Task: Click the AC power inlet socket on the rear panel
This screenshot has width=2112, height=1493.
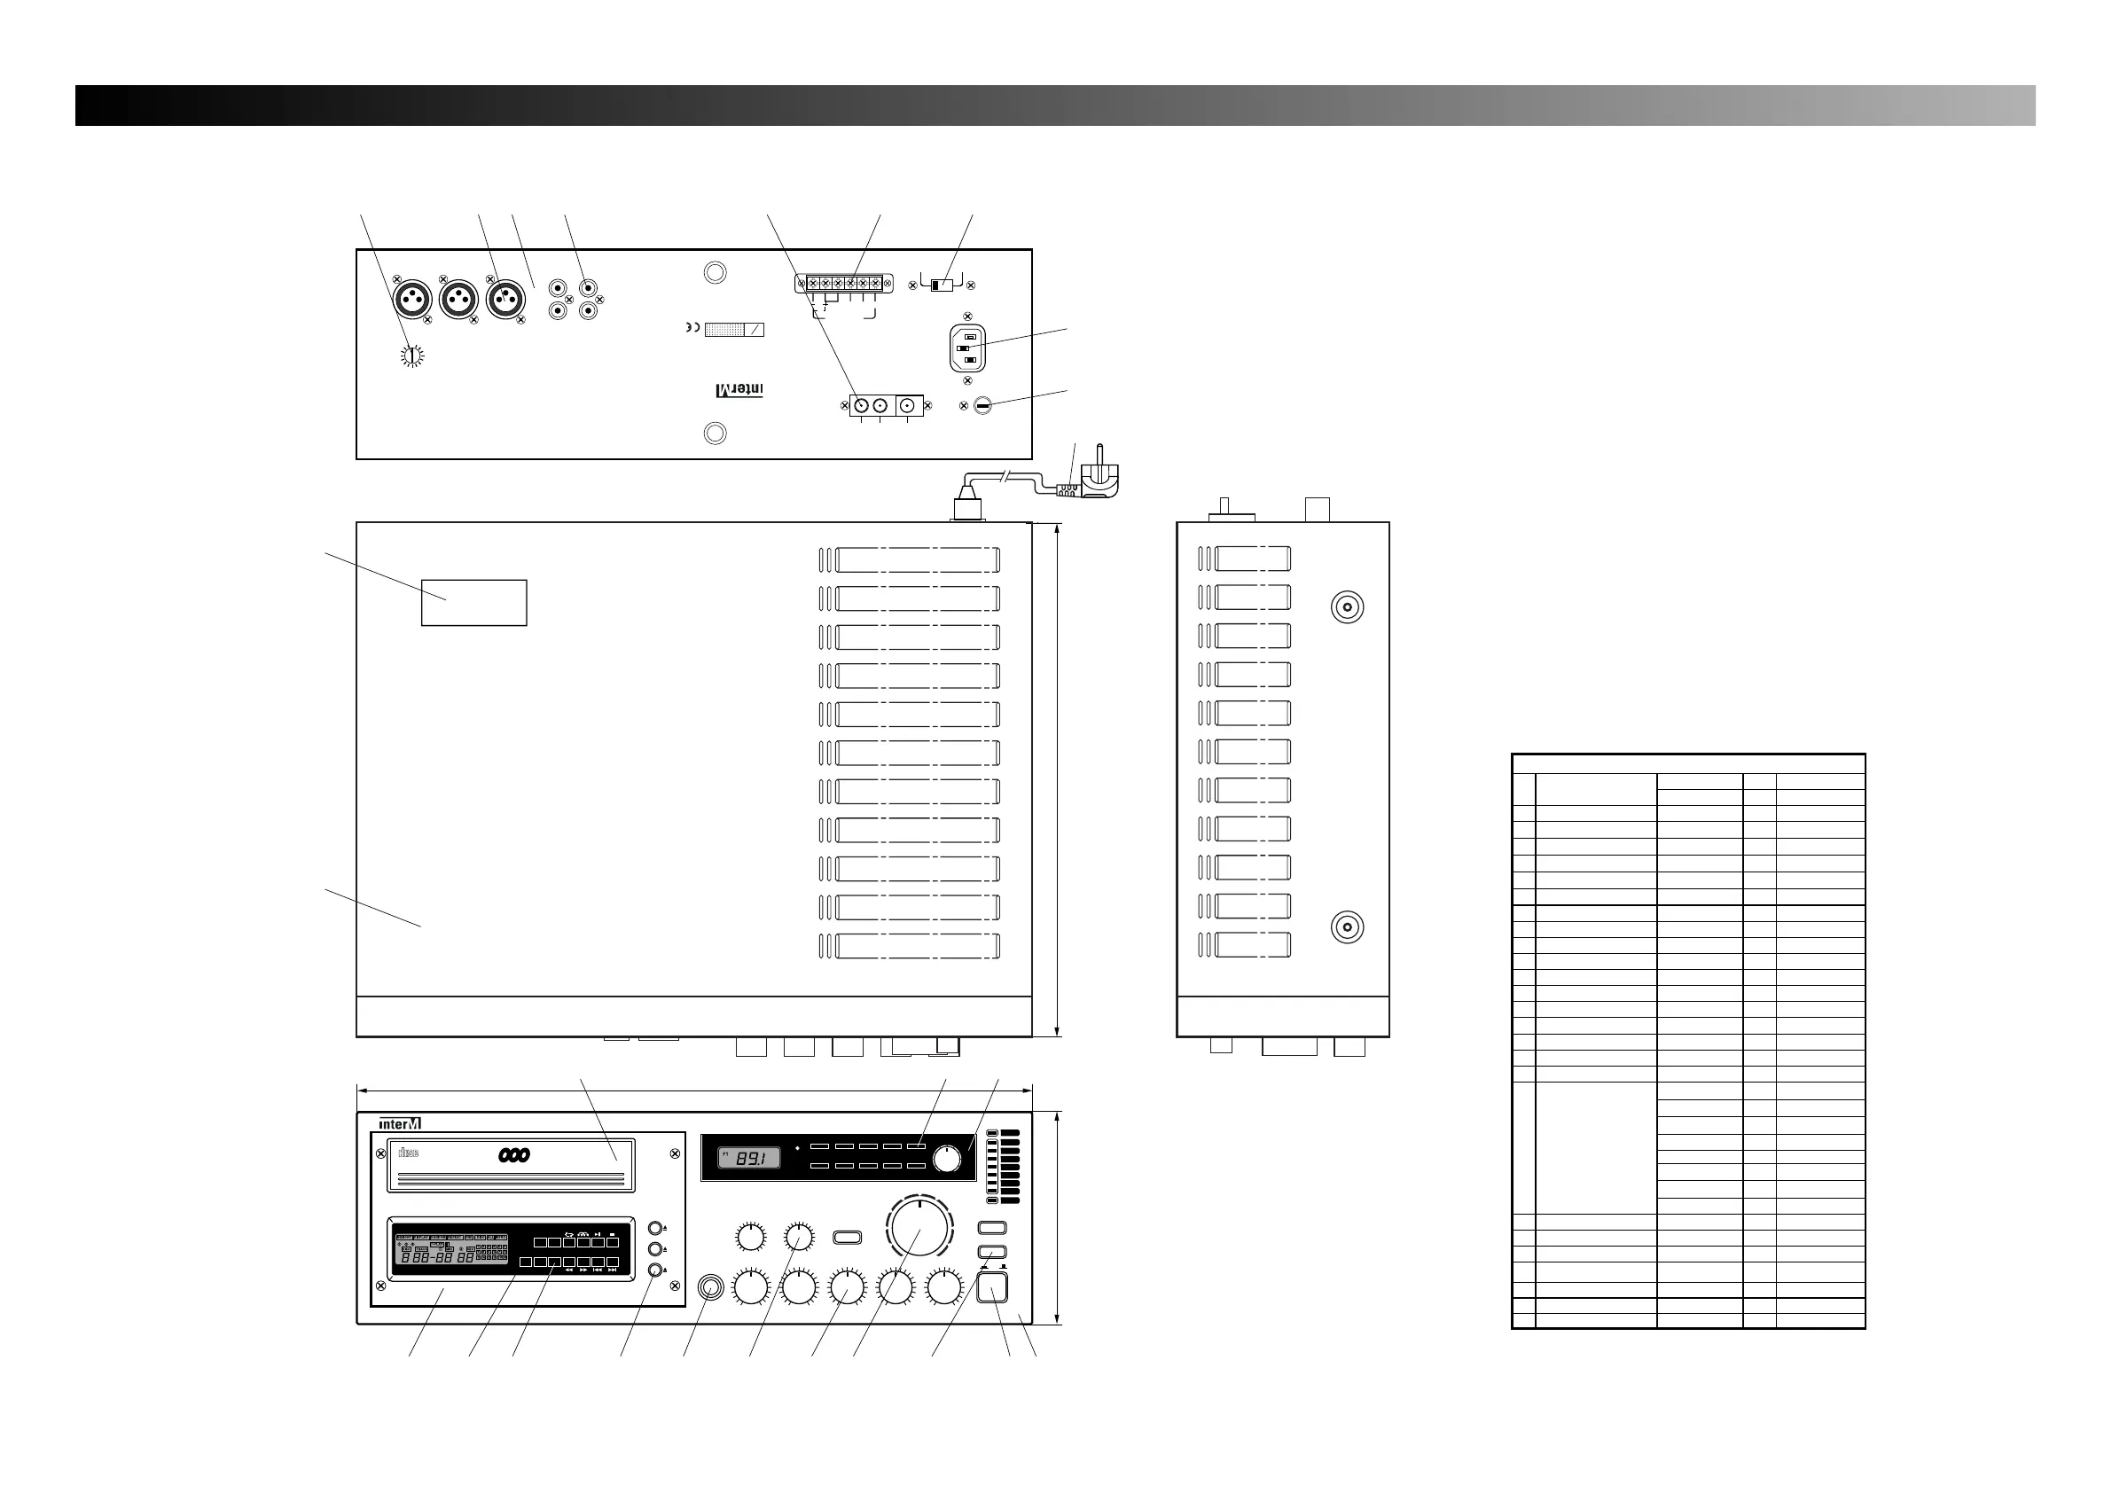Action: click(967, 348)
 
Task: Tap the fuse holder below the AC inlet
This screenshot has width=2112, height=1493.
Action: click(982, 406)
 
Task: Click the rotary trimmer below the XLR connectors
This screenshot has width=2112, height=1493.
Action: click(413, 356)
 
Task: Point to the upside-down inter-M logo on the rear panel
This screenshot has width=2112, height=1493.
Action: click(739, 390)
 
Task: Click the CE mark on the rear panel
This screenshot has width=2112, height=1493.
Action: click(692, 328)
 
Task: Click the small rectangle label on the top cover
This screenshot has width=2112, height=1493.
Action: click(473, 603)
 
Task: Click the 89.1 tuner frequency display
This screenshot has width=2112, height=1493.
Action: click(750, 1158)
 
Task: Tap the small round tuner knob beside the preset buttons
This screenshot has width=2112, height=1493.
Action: click(946, 1160)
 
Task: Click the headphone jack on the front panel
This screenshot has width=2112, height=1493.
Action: click(710, 1287)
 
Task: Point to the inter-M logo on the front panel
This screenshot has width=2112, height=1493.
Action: click(400, 1123)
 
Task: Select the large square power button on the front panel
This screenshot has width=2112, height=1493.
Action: click(991, 1287)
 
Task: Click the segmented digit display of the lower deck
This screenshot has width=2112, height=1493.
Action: click(439, 1257)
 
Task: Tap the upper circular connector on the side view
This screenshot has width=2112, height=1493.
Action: click(1348, 607)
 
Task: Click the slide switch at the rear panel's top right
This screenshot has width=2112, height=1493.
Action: click(941, 285)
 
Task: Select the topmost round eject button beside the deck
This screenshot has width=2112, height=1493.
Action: click(655, 1228)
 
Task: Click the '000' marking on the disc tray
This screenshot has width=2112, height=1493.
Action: click(514, 1155)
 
